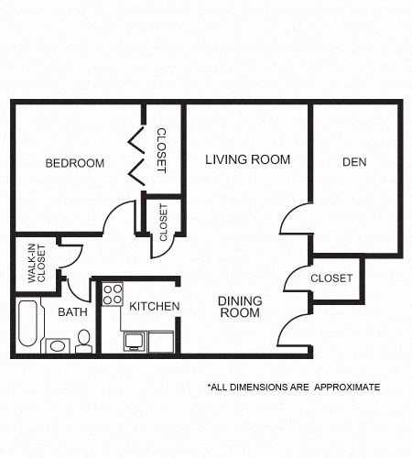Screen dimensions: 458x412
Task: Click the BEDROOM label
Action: tap(75, 163)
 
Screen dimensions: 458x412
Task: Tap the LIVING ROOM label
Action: tap(247, 159)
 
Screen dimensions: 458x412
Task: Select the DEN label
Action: tap(354, 162)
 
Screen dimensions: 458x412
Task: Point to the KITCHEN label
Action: tap(154, 306)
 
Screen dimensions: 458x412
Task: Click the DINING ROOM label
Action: tap(239, 307)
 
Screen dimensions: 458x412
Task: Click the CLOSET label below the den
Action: tap(331, 278)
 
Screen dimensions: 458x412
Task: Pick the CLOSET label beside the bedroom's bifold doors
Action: tap(162, 149)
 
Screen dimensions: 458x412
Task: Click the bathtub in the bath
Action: tap(28, 323)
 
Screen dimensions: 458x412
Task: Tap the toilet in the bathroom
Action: tap(84, 341)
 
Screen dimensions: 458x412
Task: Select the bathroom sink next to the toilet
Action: tap(57, 346)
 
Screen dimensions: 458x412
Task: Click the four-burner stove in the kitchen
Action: tap(113, 294)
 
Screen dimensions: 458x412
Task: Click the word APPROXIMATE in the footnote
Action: tap(347, 387)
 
